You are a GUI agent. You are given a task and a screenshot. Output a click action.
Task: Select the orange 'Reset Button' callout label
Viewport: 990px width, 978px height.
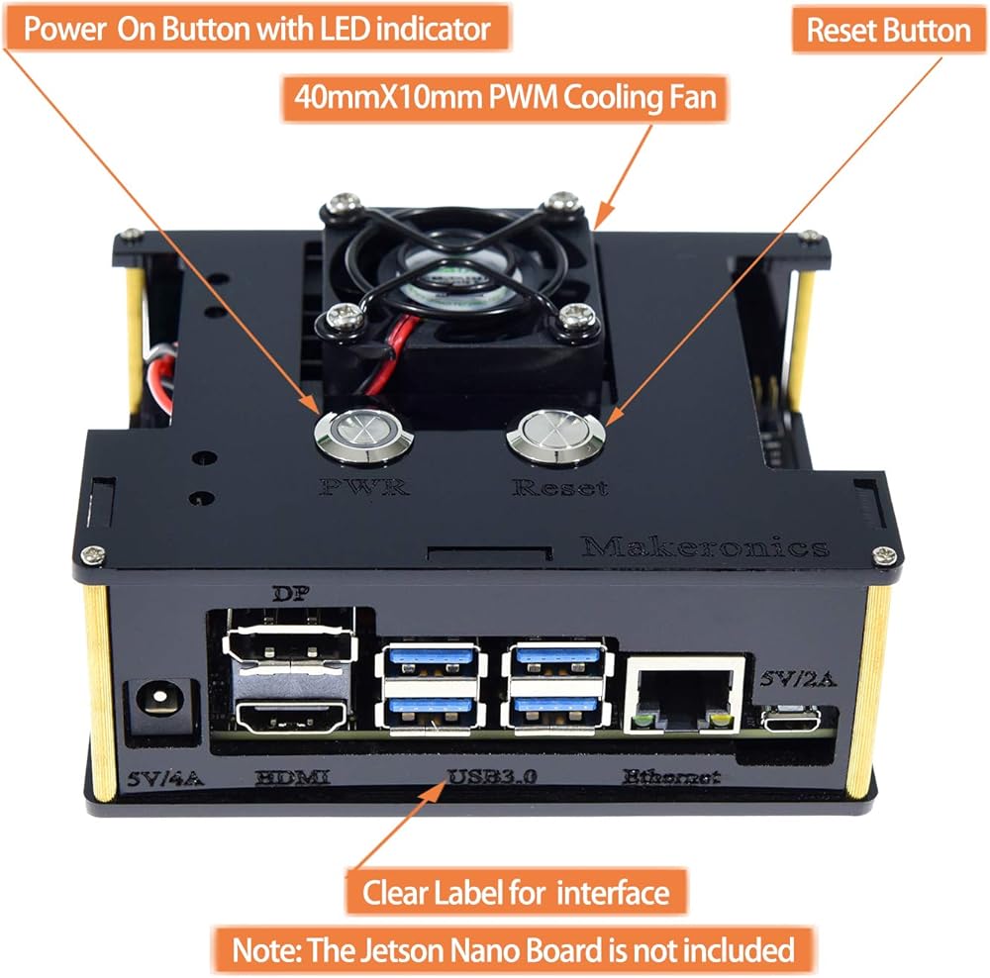pyautogui.click(x=888, y=30)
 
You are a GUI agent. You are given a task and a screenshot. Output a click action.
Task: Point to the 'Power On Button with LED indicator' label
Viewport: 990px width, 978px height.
pyautogui.click(x=256, y=28)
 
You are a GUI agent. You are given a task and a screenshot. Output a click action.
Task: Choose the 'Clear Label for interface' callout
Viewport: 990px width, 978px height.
pyautogui.click(x=516, y=893)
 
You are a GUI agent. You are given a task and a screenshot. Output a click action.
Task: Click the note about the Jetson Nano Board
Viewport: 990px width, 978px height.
pyautogui.click(x=513, y=950)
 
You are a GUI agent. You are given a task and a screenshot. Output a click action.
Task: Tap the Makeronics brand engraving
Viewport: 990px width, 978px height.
pyautogui.click(x=705, y=546)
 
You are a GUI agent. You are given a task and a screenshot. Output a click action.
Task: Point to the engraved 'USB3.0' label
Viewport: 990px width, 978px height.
pyautogui.click(x=492, y=777)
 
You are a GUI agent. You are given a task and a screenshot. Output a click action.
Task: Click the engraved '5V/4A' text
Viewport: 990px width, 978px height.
pyautogui.click(x=165, y=778)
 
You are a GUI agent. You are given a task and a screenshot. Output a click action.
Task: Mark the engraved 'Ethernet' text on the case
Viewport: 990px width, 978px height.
pyautogui.click(x=671, y=777)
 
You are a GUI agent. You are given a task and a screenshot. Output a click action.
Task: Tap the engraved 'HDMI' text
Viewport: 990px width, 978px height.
pyautogui.click(x=292, y=778)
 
